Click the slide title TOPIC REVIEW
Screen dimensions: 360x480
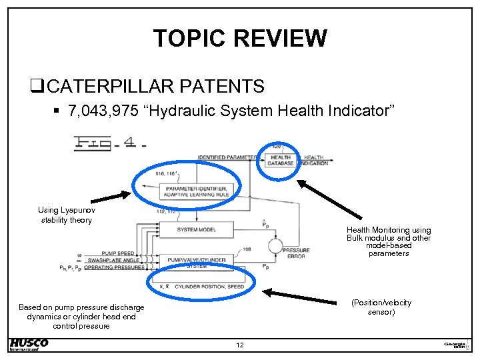[240, 38]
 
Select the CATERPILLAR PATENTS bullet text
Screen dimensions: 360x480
[156, 87]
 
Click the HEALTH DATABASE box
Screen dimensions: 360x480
[281, 161]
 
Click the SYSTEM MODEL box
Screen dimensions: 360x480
[196, 229]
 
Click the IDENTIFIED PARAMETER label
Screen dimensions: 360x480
[227, 158]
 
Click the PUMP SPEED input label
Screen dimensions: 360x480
[116, 254]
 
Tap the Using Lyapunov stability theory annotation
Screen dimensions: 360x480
[66, 215]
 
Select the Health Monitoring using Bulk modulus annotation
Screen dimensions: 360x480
[389, 241]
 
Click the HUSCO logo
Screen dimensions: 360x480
[29, 344]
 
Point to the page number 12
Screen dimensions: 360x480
[239, 345]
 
